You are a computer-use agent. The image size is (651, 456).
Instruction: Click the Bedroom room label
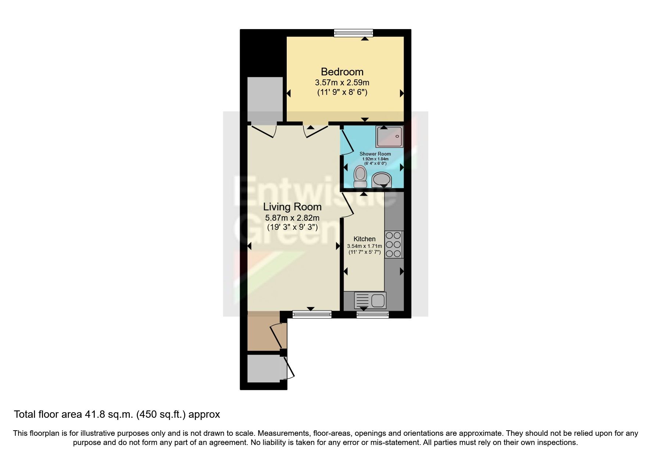click(342, 72)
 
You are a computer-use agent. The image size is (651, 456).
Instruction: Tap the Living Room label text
click(292, 207)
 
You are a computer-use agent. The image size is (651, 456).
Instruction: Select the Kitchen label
click(364, 239)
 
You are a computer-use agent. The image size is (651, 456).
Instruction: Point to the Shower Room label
click(375, 154)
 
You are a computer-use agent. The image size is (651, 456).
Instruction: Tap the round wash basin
click(382, 180)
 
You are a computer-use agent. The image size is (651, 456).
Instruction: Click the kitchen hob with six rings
click(394, 244)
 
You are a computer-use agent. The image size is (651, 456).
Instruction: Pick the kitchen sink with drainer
click(370, 300)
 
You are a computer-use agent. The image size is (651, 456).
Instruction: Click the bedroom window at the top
click(353, 33)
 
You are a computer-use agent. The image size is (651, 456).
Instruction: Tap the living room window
click(312, 314)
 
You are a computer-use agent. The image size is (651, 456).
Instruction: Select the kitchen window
click(372, 314)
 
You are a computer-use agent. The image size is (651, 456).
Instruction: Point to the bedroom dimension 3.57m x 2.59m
click(342, 82)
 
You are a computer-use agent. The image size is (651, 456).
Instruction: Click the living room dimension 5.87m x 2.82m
click(292, 218)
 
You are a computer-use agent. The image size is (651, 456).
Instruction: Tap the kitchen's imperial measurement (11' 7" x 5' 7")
click(364, 252)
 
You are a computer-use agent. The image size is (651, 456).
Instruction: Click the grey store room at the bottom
click(264, 368)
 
